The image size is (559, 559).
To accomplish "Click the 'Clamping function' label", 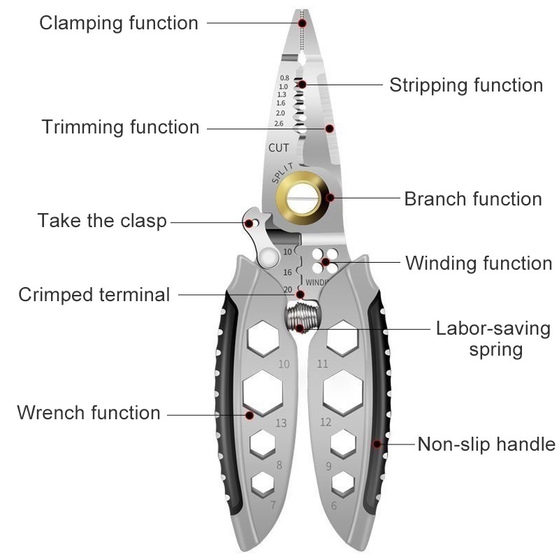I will [x=119, y=22].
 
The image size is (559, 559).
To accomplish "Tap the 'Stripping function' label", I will [x=466, y=85].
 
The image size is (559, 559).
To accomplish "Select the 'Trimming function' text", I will [x=120, y=127].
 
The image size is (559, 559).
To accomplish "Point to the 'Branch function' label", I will [x=473, y=198].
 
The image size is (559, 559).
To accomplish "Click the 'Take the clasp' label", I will [x=102, y=222].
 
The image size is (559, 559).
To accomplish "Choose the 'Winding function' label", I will [x=479, y=263].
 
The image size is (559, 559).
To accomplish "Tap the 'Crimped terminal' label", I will [x=94, y=294].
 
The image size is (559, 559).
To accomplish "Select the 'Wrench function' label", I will [x=89, y=412].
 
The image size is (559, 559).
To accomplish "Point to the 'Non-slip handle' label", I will [x=486, y=444].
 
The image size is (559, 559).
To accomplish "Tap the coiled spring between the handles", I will [x=303, y=317].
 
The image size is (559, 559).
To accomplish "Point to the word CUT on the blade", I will [x=278, y=148].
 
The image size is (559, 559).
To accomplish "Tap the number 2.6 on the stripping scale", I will [x=279, y=124].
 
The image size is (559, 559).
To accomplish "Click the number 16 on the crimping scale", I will [x=287, y=271].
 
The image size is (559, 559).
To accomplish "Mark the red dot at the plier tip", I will [x=303, y=22].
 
